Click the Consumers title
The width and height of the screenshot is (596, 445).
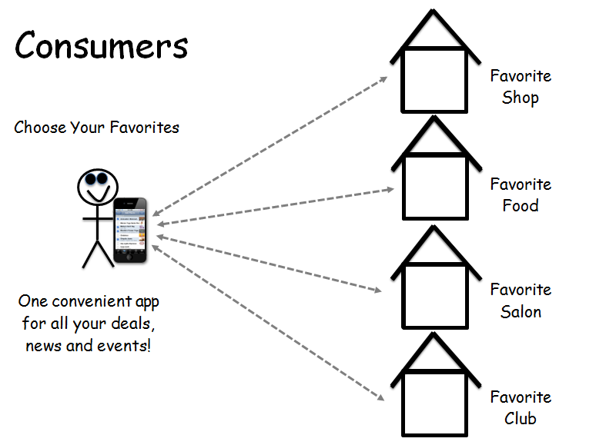point(101,46)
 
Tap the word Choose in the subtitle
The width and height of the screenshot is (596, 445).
point(39,128)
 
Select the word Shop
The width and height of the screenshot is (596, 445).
point(521,98)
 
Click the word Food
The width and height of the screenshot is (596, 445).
point(521,206)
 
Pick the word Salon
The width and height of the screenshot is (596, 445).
point(521,312)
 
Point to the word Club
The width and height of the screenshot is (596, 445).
point(521,419)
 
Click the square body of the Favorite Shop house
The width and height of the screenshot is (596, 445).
point(434,78)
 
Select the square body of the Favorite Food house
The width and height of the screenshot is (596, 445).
point(434,186)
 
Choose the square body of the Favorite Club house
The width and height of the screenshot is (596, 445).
point(434,403)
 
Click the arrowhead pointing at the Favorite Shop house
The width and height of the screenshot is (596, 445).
point(384,78)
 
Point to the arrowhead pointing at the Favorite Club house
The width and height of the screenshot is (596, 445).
point(380,397)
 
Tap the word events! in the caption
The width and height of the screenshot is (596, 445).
point(126,345)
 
